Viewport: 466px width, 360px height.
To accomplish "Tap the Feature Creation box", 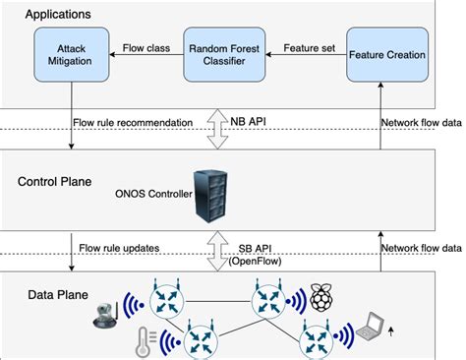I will point(386,55).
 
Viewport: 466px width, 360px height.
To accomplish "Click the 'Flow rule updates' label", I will point(122,247).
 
